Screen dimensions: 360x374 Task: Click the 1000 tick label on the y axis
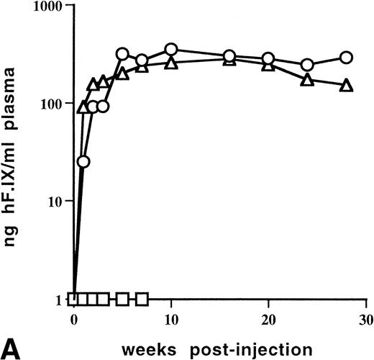click(x=47, y=6)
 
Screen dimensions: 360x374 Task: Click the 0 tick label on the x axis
click(x=73, y=318)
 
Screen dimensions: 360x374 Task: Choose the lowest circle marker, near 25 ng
click(x=83, y=161)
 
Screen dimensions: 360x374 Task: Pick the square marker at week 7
click(x=142, y=299)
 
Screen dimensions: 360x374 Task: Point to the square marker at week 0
click(x=73, y=299)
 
